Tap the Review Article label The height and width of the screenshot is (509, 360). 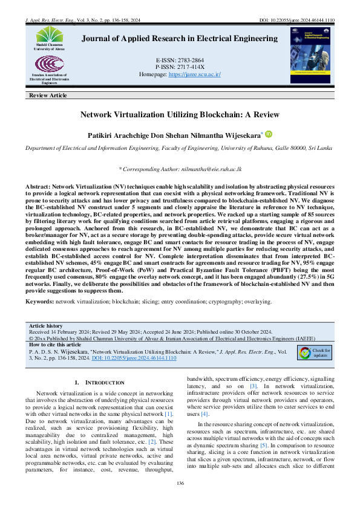coord(48,96)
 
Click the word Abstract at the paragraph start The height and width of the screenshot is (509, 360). coord(38,187)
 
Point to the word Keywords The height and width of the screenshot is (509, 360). coord(39,300)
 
